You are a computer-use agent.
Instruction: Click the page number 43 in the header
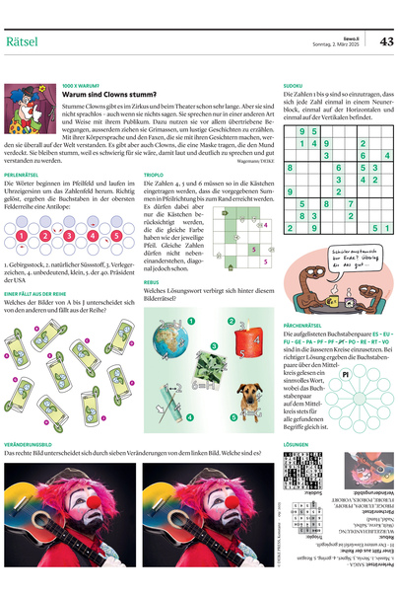(x=385, y=40)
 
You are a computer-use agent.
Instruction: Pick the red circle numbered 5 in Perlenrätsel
(x=118, y=236)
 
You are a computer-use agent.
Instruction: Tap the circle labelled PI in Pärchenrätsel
(x=347, y=376)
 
